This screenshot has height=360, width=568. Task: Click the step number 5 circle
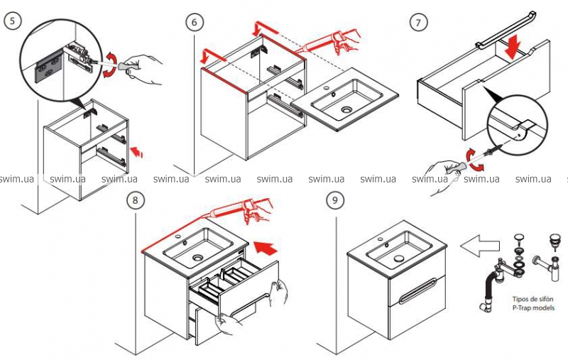(12, 22)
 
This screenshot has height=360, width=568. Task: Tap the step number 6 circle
(193, 22)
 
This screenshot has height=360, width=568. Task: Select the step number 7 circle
(420, 22)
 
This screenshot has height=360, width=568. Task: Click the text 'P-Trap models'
(525, 308)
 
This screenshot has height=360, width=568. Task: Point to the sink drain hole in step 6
(347, 110)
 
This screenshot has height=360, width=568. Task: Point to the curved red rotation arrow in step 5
(114, 58)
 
